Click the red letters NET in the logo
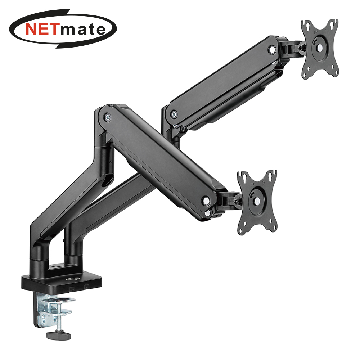[41, 29]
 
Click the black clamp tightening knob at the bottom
[58, 335]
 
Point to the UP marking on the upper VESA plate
[315, 33]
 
